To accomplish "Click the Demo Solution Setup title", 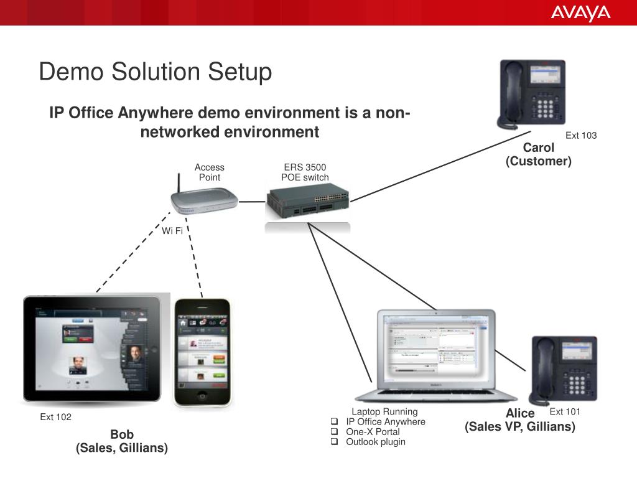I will click(156, 72).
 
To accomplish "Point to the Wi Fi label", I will click(172, 231).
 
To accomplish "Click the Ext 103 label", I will click(580, 136).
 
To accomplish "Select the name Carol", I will click(538, 148).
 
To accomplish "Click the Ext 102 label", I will click(56, 417).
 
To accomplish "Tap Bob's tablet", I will click(92, 349).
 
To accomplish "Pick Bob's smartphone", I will click(202, 352).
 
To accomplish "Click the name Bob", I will click(122, 434).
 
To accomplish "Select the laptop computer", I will click(436, 355).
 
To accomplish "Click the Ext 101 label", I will click(565, 411).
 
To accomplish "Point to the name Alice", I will click(520, 413).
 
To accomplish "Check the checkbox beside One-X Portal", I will click(334, 432).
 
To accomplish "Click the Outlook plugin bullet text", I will click(375, 442).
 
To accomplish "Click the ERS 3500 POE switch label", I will click(305, 172).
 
